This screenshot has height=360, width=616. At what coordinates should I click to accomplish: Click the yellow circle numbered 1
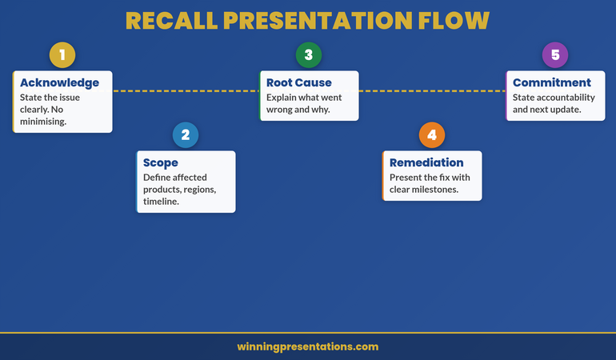tap(62, 55)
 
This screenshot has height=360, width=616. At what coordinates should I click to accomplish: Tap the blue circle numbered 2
tap(186, 135)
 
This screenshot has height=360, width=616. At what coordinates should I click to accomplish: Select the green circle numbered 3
tap(309, 55)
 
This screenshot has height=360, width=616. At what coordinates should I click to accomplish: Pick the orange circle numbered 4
tap(432, 135)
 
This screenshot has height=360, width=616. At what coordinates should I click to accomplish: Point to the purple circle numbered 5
tap(555, 55)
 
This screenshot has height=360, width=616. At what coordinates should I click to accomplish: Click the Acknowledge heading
tap(59, 82)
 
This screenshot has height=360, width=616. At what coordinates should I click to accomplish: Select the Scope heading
tap(161, 162)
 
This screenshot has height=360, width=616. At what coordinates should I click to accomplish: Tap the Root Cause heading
tap(298, 82)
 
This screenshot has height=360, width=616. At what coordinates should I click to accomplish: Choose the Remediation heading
tap(426, 162)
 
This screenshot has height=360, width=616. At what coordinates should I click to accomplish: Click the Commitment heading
tap(551, 82)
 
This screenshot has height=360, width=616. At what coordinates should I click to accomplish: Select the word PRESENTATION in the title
tap(318, 21)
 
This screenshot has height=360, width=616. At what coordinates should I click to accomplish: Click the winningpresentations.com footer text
tap(308, 346)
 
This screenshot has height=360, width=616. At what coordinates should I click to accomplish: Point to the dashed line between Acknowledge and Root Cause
tap(186, 91)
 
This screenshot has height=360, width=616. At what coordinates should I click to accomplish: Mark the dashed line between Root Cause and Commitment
tap(432, 91)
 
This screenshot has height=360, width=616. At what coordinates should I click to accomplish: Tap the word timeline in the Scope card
tap(159, 202)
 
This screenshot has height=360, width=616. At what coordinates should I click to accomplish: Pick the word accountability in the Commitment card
tap(566, 97)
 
